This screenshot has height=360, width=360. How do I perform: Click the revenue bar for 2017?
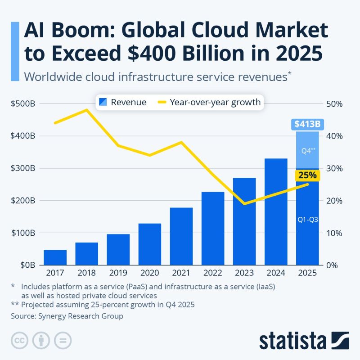pos(55,257)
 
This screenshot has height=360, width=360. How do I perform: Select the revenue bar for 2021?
pos(181,236)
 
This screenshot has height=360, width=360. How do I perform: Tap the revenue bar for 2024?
pos(275,211)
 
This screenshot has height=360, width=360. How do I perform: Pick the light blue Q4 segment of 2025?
pos(307,151)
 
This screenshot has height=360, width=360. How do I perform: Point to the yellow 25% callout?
pos(307,175)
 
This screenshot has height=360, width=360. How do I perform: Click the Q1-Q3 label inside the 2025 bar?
pos(308,220)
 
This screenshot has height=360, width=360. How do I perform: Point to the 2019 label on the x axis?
pos(118,273)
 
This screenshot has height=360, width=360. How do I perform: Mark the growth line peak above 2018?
pos(87,110)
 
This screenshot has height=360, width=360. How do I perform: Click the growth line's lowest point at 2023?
pos(244,204)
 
